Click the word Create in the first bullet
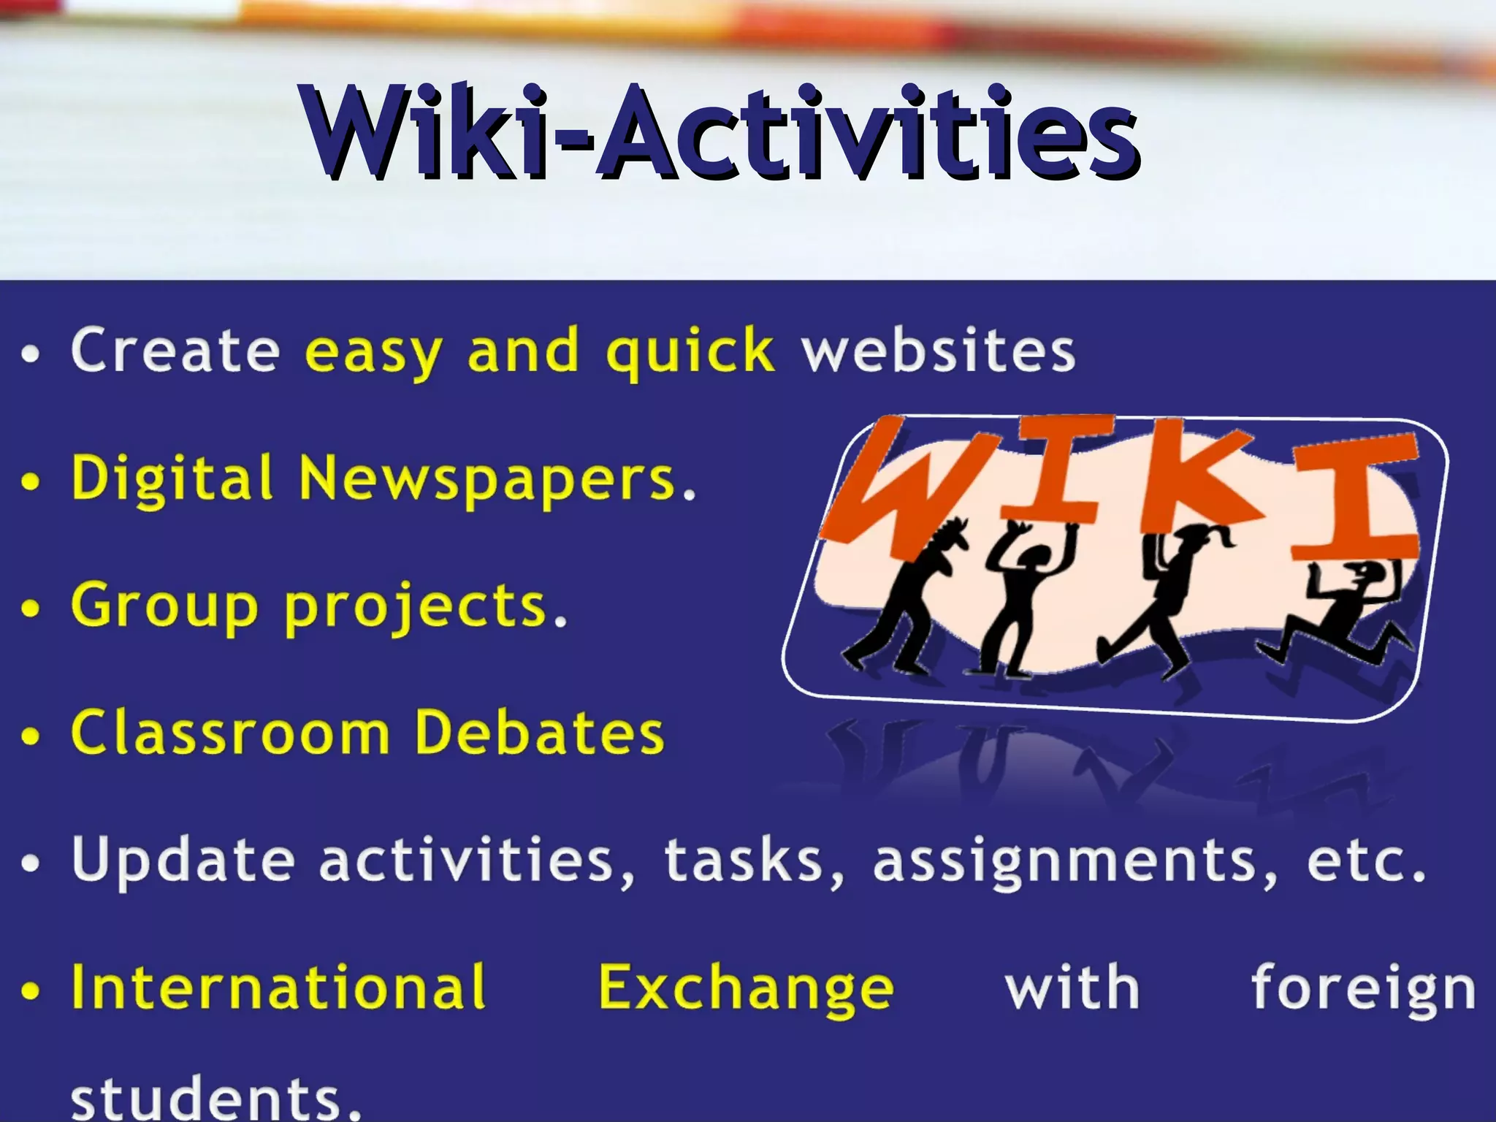[175, 351]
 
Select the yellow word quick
[690, 352]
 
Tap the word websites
[939, 351]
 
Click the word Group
[164, 606]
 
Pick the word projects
[416, 608]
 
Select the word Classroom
[230, 732]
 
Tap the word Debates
[539, 732]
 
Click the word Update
[183, 860]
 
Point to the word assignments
[1074, 862]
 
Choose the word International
[278, 988]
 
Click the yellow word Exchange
[745, 988]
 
